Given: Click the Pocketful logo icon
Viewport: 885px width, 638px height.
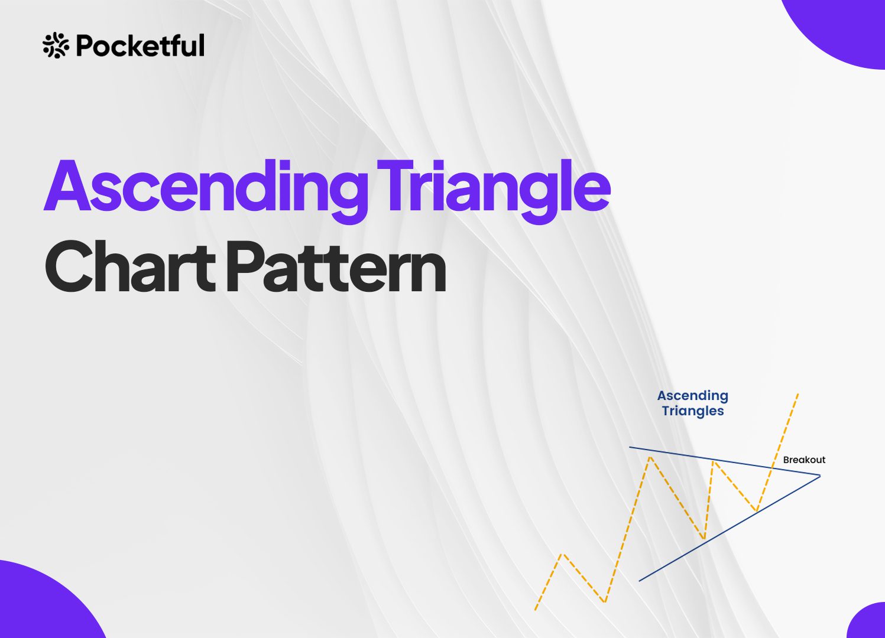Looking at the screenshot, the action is (56, 45).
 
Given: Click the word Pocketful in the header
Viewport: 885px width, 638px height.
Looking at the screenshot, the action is (140, 45).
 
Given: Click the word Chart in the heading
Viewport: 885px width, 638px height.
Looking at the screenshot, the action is (130, 267).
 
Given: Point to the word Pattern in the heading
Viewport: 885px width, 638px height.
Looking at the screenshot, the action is (336, 267).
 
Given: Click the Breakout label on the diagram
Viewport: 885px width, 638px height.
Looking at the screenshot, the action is (804, 460).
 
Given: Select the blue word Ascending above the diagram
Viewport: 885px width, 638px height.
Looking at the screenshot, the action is (693, 396).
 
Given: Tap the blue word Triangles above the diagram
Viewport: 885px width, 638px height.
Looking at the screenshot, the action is (693, 411).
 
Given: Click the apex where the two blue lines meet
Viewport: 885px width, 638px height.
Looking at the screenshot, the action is (820, 476).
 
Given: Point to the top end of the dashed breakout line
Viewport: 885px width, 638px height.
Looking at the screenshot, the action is (799, 393).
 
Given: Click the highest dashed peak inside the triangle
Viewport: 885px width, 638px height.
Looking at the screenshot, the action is (650, 457).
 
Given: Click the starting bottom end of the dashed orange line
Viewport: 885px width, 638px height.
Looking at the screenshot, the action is (535, 610).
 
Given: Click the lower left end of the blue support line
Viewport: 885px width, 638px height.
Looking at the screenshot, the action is (639, 581).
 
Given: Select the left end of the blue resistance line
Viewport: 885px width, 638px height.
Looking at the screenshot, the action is (630, 447).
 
